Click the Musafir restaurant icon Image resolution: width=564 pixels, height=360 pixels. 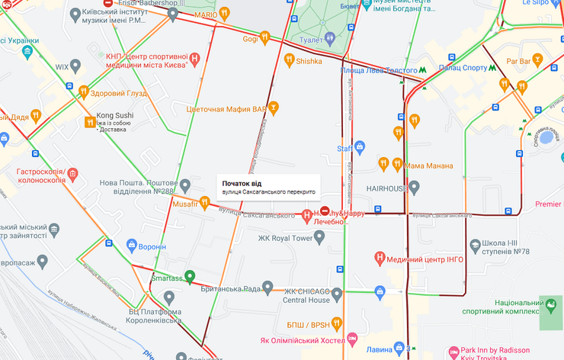point(204,202)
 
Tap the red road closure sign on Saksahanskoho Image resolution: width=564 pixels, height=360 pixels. point(325,211)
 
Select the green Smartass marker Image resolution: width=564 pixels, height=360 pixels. point(190,276)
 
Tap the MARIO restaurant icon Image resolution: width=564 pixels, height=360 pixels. point(225,13)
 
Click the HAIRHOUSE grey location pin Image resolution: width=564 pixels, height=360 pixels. point(414,186)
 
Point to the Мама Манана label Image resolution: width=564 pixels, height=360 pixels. point(429,166)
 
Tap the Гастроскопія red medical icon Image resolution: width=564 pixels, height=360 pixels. point(72,175)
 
